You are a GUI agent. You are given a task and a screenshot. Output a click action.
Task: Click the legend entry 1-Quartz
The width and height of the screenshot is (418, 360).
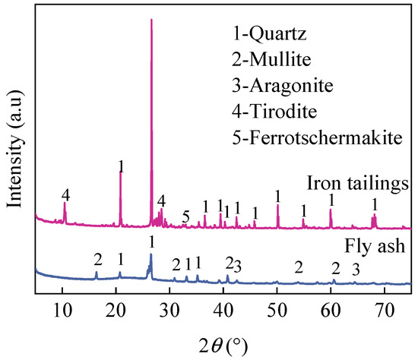click(275, 33)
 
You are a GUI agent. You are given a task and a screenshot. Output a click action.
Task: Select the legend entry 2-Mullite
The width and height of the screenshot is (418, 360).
click(276, 59)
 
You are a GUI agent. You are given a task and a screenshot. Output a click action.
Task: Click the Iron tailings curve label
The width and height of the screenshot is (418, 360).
click(358, 183)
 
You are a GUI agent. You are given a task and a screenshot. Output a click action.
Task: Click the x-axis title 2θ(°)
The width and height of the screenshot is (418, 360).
click(221, 343)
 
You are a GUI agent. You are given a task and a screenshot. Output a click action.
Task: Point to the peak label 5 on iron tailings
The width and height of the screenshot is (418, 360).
click(186, 216)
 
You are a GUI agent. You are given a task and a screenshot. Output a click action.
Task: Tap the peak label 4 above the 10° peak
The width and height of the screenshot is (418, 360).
click(66, 195)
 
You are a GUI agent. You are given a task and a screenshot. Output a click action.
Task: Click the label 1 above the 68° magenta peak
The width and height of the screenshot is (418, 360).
click(374, 204)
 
